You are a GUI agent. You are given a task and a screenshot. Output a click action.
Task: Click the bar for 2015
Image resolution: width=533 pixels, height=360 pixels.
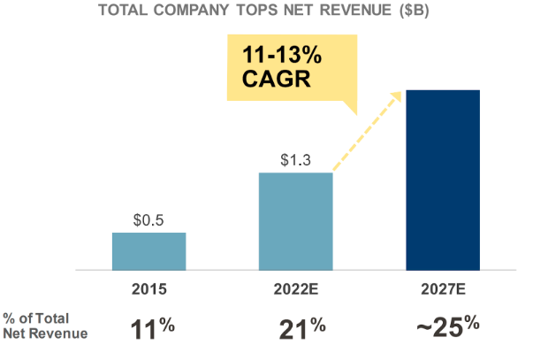click(148, 250)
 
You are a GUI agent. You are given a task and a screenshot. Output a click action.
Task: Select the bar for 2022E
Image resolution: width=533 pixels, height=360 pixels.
click(295, 220)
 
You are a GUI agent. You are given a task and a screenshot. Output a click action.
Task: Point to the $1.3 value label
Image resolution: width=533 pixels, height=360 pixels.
click(295, 160)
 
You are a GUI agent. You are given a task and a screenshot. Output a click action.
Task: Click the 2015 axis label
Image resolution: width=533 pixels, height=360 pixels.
click(148, 289)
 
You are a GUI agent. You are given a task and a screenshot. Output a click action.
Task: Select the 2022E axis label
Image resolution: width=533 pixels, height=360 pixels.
click(295, 289)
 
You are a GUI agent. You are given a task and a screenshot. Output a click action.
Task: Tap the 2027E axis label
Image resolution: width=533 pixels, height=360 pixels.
click(442, 289)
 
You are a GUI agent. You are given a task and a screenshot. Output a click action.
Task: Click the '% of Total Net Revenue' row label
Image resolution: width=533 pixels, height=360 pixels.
click(44, 326)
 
